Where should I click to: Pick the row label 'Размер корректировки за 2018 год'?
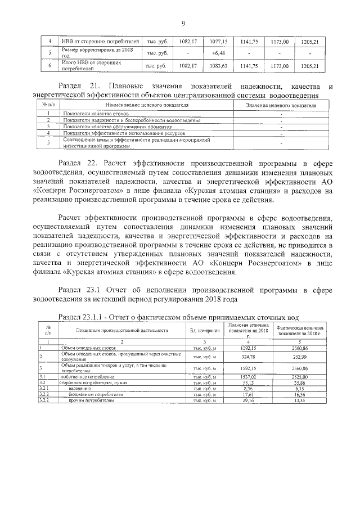pos(91,53)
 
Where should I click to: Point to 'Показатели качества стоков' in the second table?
pos(93,114)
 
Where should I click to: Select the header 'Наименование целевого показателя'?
pos(146,105)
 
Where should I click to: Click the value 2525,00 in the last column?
pos(300,376)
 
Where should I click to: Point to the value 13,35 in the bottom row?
pos(300,401)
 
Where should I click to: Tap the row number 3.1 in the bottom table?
pos(43,376)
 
